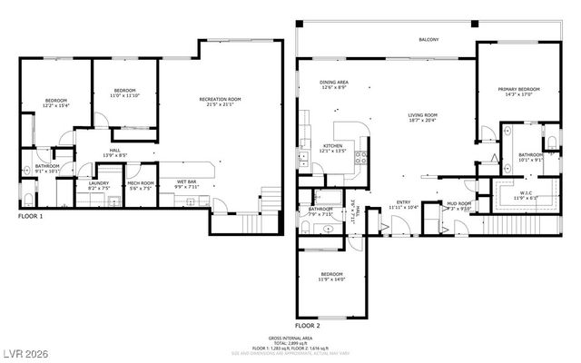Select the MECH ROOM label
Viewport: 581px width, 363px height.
point(141,182)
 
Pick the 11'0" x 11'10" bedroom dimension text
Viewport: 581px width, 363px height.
point(124,95)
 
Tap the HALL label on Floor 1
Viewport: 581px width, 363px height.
point(115,151)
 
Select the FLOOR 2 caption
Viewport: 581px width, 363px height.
point(308,324)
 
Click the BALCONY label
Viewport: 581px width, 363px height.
point(429,40)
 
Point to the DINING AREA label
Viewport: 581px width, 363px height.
point(334,82)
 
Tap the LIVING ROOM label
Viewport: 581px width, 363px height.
point(423,115)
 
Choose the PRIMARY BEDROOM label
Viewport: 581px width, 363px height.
point(518,89)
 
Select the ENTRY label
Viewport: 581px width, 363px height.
point(403,202)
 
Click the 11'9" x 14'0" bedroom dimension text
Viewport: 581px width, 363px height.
point(332,280)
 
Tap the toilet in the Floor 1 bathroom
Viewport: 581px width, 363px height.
point(27,199)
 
